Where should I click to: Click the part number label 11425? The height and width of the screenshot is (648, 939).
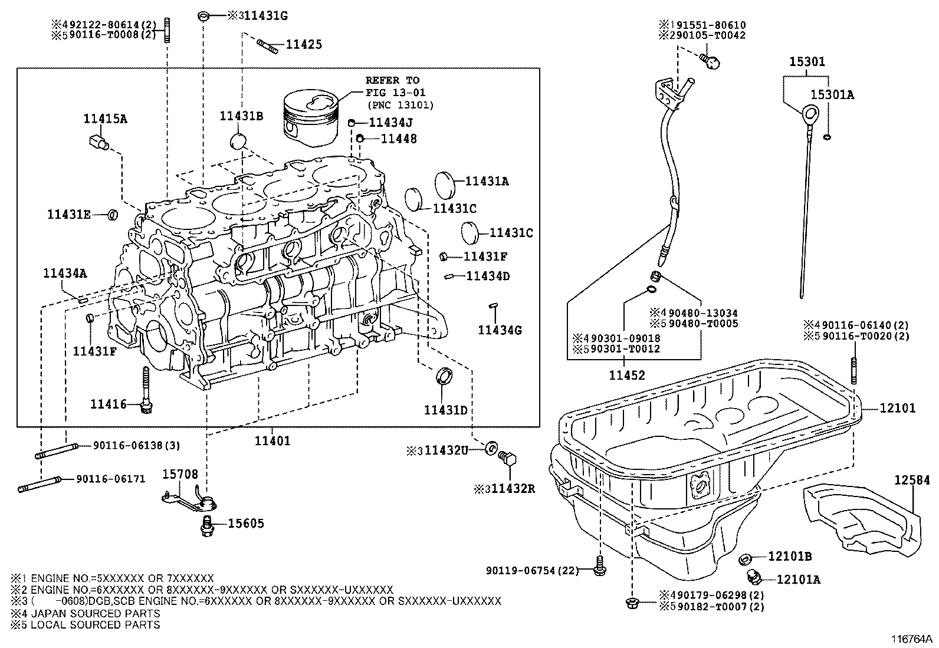(x=304, y=44)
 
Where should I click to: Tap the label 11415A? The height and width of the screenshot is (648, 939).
(x=105, y=119)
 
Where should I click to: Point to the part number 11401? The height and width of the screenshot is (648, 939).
(x=272, y=440)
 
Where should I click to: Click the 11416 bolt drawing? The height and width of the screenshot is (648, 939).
(x=146, y=390)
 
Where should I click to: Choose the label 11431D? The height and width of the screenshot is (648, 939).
(x=445, y=410)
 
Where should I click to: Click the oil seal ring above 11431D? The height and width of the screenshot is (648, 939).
(x=445, y=376)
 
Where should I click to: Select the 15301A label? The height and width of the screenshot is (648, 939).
(x=832, y=94)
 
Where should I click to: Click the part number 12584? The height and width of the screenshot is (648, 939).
(x=912, y=481)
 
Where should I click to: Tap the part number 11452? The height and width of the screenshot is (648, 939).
(x=627, y=375)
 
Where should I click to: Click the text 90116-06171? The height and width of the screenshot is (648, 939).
(x=110, y=479)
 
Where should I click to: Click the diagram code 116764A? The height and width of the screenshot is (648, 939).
(x=911, y=639)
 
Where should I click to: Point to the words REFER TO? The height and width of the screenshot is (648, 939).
(x=392, y=80)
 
